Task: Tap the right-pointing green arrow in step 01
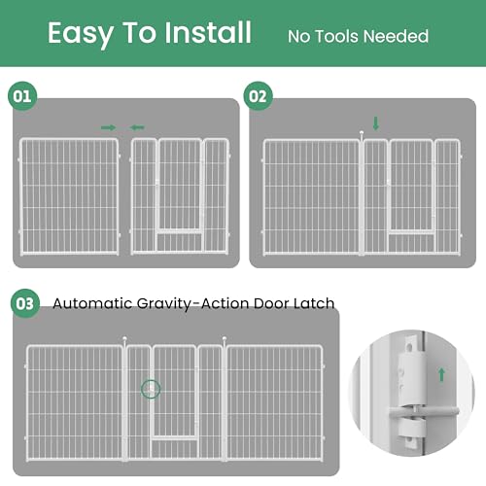point(108,126)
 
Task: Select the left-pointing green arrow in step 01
point(137,126)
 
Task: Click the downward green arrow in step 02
point(376,123)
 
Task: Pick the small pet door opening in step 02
point(410,239)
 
